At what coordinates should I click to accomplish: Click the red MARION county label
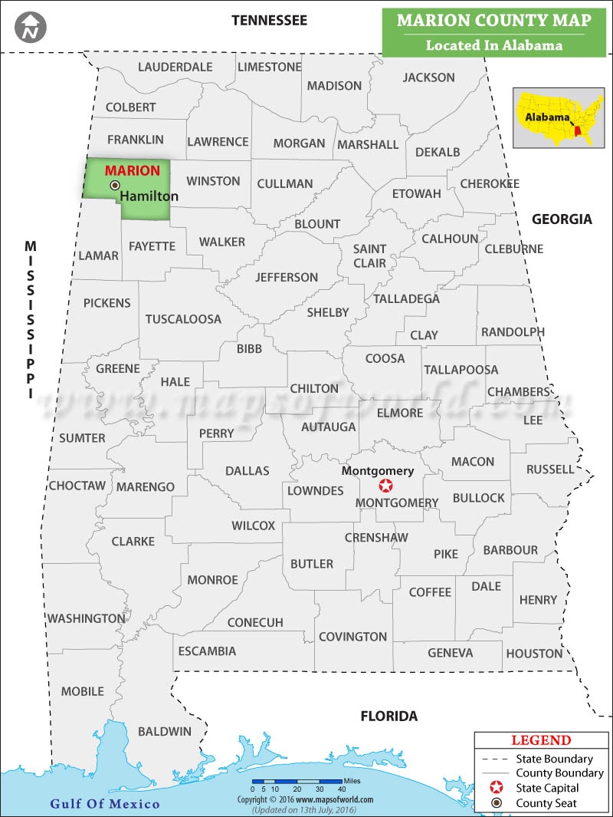[133, 170]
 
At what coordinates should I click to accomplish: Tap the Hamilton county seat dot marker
[115, 185]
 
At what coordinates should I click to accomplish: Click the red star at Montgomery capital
[386, 486]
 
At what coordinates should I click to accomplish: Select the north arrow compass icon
[31, 27]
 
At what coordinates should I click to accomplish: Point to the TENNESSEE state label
[269, 20]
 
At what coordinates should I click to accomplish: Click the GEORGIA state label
[562, 219]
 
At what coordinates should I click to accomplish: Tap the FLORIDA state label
[389, 716]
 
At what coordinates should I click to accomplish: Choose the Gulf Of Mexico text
[105, 803]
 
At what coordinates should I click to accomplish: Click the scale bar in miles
[298, 782]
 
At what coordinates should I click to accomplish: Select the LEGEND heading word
[540, 740]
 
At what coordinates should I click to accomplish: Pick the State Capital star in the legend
[497, 788]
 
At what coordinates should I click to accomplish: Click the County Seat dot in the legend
[497, 803]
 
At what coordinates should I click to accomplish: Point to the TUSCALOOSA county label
[183, 318]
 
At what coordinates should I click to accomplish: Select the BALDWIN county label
[165, 731]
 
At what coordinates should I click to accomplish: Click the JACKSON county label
[428, 77]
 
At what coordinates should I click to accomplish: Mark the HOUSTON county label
[534, 654]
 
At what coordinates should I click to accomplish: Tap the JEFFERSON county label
[287, 277]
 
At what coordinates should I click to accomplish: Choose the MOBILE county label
[82, 691]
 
